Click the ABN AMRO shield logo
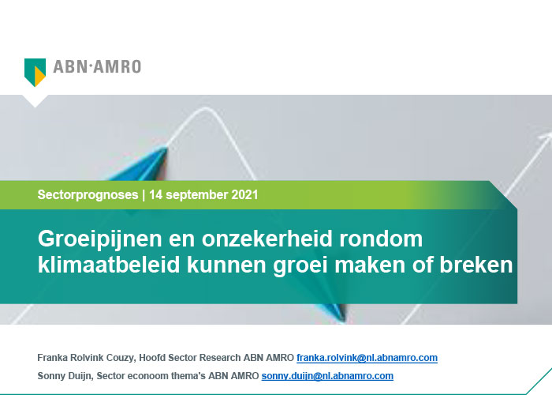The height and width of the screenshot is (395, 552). pos(35,73)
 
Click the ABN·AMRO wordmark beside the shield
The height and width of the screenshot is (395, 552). pos(97,66)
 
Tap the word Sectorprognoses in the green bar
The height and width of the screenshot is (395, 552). pos(88,194)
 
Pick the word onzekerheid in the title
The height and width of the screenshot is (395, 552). pos(267,239)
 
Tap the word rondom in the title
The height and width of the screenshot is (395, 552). pos(381,239)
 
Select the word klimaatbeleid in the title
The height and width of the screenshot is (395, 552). pos(109,265)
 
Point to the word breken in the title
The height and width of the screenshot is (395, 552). pos(476,265)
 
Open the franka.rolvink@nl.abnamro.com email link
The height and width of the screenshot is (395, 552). pos(367,358)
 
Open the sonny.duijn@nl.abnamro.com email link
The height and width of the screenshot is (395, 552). pos(327,376)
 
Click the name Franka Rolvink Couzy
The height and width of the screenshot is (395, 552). pos(85,358)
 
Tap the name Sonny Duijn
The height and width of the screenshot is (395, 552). pos(65,376)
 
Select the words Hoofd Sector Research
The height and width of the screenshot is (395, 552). pos(190,358)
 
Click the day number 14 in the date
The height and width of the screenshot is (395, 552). pos(155,194)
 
